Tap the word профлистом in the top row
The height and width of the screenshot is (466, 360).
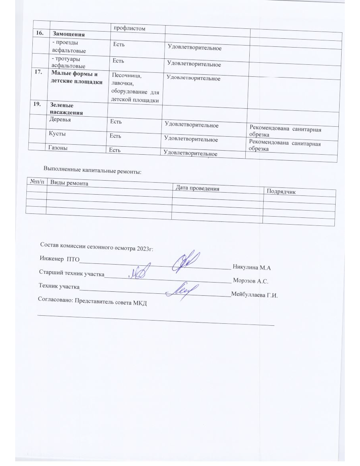[128, 28]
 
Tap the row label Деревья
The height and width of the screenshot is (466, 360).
[60, 119]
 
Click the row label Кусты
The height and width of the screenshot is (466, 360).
[58, 134]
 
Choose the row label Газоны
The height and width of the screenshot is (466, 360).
[58, 148]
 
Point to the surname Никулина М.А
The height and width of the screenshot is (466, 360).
[252, 267]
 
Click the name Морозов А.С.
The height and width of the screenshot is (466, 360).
[250, 281]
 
